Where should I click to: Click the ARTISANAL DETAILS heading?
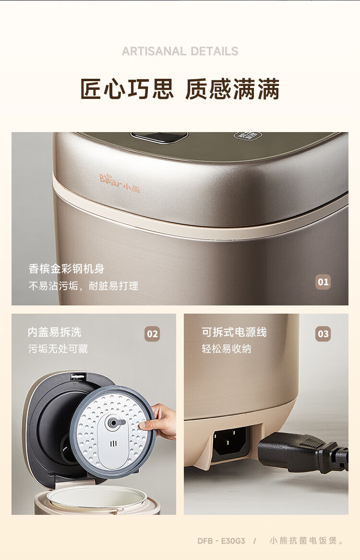point(180,51)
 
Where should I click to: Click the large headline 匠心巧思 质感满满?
point(180,89)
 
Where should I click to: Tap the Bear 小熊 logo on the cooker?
point(120,183)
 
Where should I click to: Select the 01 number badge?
point(323,282)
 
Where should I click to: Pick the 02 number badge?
point(152,334)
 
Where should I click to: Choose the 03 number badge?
point(323,334)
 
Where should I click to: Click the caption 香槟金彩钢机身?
point(66,268)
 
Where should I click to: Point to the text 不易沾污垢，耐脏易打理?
point(84,286)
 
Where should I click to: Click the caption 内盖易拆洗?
point(55,332)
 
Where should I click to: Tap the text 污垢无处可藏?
point(58,349)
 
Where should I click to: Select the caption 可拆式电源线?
point(234,332)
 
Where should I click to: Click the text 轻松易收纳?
point(227,349)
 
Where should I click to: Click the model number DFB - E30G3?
point(221,541)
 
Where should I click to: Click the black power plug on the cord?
point(303,450)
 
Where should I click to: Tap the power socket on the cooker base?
point(229,441)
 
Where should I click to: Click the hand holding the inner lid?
point(159,421)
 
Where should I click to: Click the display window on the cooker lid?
point(159,136)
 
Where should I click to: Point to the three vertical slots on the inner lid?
point(113,444)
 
